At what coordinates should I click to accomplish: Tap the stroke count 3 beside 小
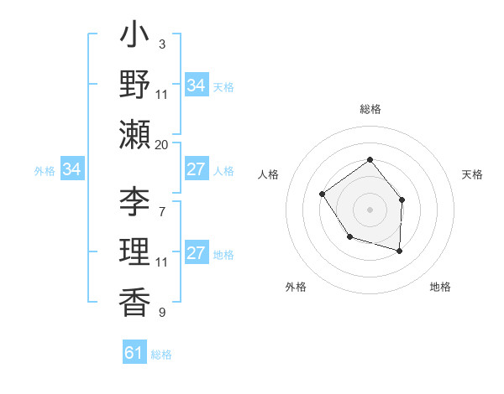point(161,44)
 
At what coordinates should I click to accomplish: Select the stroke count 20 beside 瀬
point(161,144)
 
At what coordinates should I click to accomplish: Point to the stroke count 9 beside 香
point(161,312)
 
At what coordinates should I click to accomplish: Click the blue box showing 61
point(134,353)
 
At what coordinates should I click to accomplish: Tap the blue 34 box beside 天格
point(196,86)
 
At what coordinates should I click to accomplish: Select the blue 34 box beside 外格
point(72,170)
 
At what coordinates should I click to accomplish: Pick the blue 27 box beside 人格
point(196,169)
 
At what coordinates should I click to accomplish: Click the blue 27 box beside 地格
point(196,254)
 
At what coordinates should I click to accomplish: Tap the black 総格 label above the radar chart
point(370,109)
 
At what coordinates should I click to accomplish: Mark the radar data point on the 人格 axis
point(323,194)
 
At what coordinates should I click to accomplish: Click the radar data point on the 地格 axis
point(399,251)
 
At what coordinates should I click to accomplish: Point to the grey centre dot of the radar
point(370,209)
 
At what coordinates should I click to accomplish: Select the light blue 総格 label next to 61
point(161,355)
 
